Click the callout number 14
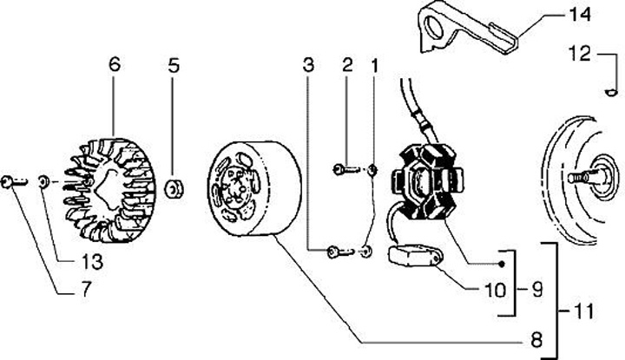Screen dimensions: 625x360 click(x=579, y=15)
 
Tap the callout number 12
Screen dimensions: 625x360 click(x=579, y=54)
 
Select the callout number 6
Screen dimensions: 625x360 click(x=114, y=65)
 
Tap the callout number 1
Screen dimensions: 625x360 click(x=374, y=65)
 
